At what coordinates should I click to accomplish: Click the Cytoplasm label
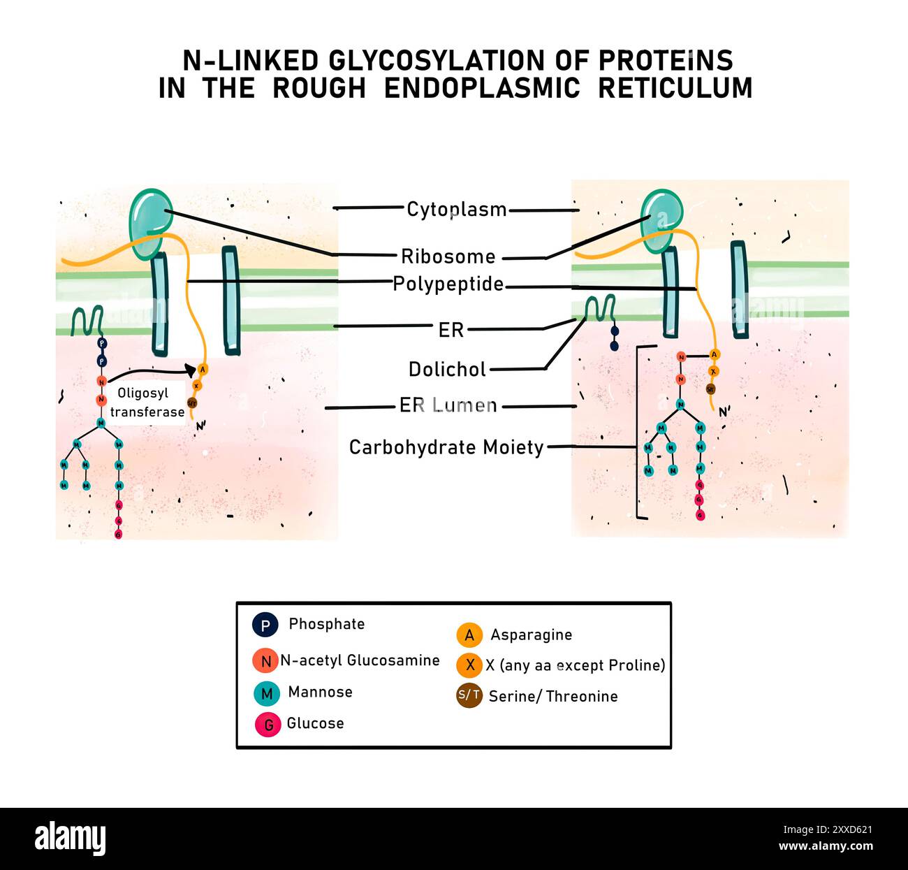tap(456, 209)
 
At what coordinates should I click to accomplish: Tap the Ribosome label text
tap(448, 256)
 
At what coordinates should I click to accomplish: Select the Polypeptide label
tap(448, 284)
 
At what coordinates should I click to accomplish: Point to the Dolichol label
tap(447, 369)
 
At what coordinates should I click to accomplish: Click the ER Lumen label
tap(448, 405)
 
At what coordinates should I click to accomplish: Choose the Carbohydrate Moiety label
tap(446, 447)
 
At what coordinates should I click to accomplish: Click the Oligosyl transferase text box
tap(147, 403)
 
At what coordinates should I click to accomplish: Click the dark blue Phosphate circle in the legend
tap(265, 625)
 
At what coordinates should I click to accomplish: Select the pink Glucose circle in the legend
tap(268, 725)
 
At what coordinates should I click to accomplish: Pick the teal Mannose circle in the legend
tap(266, 693)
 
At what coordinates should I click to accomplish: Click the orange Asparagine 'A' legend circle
tap(469, 635)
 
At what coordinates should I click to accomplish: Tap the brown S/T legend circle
tap(469, 695)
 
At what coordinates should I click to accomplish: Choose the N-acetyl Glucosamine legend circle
tap(265, 661)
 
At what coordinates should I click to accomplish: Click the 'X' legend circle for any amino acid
tap(469, 665)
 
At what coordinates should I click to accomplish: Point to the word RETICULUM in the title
tap(675, 89)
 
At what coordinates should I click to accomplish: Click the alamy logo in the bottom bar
tap(70, 838)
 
